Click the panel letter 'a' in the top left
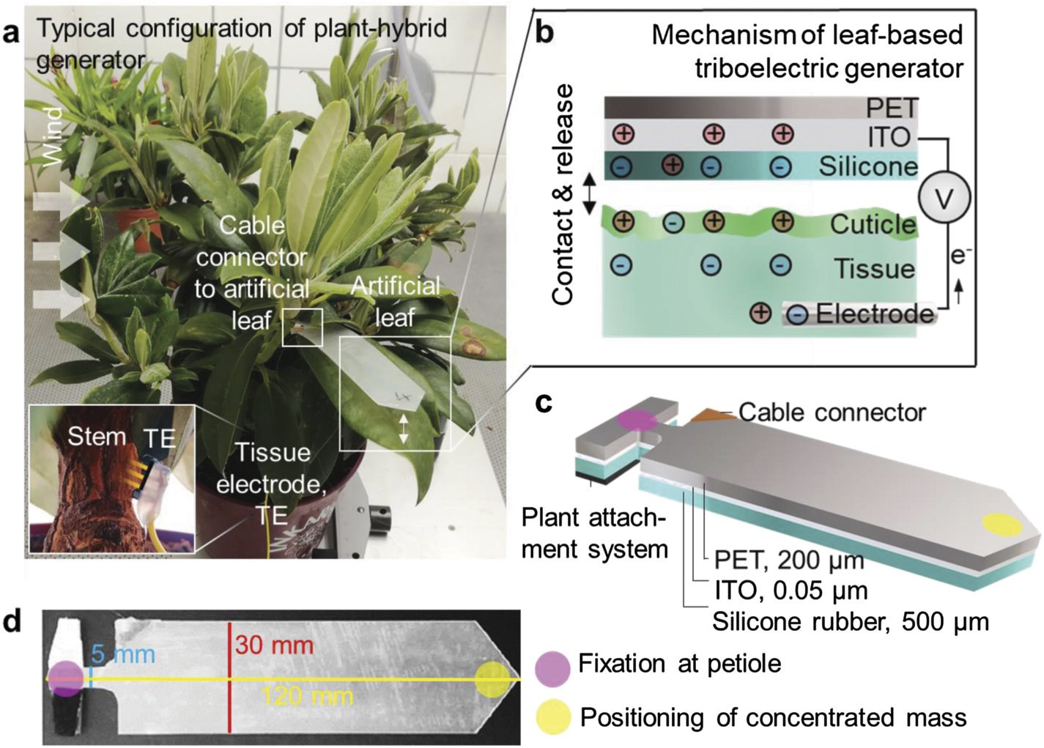[12, 33]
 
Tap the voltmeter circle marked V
[944, 198]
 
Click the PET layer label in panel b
[891, 108]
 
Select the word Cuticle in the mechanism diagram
[873, 225]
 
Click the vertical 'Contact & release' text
[563, 194]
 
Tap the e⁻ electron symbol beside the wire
[960, 256]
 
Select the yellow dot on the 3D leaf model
[1001, 525]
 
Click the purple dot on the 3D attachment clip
[637, 420]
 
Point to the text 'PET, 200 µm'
[789, 560]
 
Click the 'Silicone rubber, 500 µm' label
[851, 622]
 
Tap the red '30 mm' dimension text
[274, 645]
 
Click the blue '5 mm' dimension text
[125, 653]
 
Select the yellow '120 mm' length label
[308, 695]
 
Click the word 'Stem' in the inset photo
[97, 437]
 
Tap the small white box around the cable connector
[302, 327]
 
